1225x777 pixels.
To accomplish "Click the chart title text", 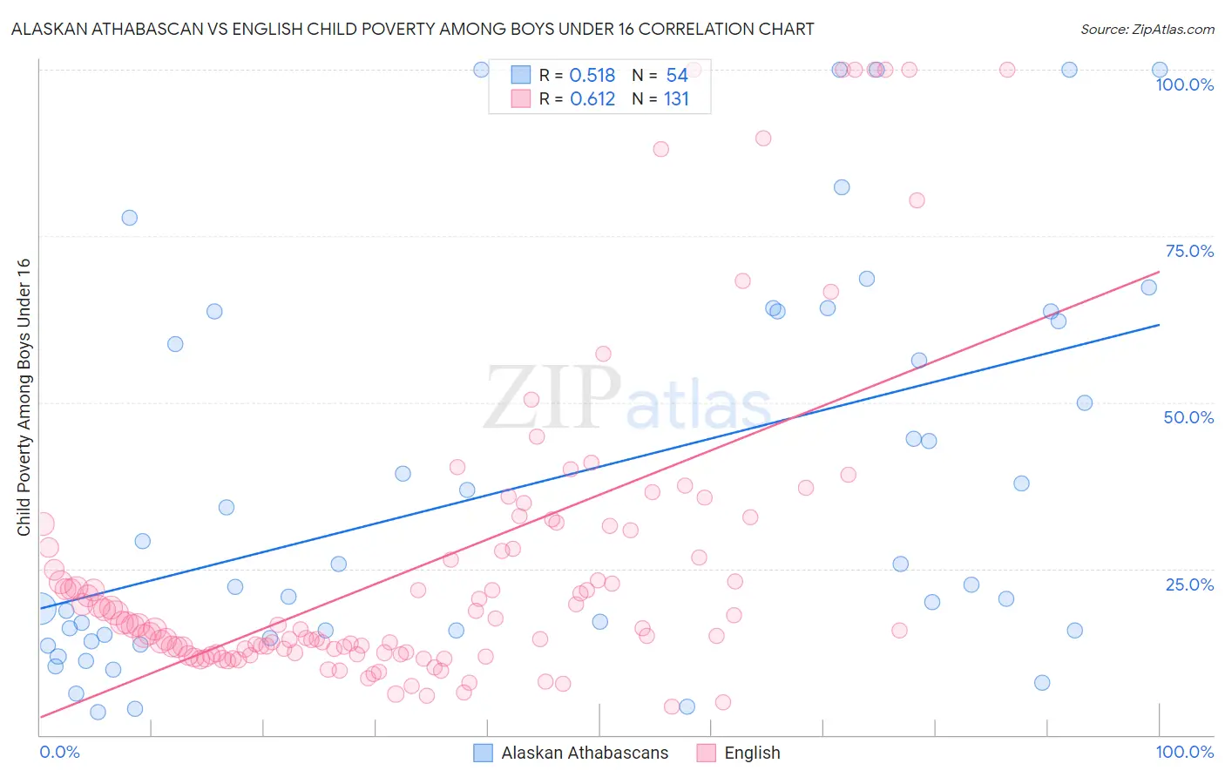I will [413, 29].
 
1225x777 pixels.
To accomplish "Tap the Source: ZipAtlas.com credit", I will [1147, 29].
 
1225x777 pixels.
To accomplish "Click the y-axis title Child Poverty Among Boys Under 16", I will [24, 397].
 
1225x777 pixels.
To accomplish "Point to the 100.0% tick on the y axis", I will [1184, 84].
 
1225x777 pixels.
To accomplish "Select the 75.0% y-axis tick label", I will [1189, 251].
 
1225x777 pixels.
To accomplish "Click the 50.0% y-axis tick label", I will [1188, 417].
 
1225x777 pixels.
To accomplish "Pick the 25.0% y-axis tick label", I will [1189, 584].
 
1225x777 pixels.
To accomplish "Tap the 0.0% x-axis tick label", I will [59, 752].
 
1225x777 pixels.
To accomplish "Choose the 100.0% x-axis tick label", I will [1184, 752].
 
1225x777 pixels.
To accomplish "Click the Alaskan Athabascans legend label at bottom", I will [585, 753].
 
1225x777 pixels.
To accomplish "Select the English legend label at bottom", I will [752, 753].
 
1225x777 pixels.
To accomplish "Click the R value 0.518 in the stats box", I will [592, 76].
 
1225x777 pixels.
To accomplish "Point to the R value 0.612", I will [592, 99].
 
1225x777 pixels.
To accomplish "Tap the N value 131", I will [676, 99].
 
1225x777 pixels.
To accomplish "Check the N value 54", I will [677, 76].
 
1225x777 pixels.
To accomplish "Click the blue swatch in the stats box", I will [521, 75].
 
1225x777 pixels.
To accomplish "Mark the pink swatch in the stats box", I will [521, 98].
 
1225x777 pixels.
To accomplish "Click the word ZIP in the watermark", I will [552, 398].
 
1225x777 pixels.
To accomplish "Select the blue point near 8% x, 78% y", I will [129, 218].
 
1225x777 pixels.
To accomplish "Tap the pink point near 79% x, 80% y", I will [917, 200].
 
